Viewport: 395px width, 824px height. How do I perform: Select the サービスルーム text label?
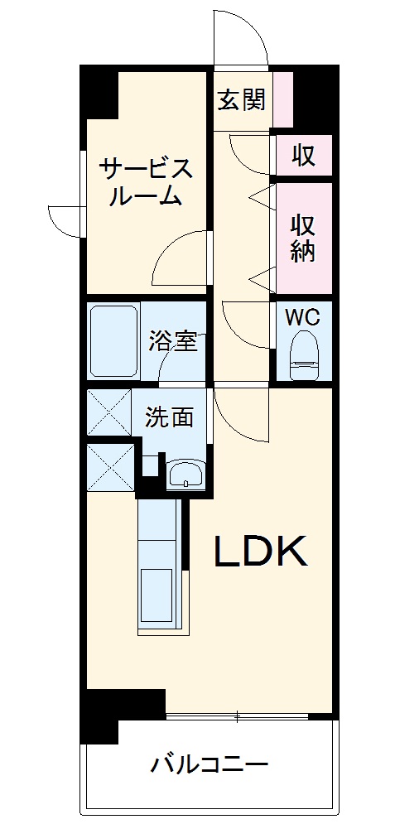147,182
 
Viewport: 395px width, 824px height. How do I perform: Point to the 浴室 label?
173,340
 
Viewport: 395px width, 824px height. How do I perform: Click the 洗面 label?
170,417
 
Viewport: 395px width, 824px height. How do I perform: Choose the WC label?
302,316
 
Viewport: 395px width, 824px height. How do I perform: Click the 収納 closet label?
303,238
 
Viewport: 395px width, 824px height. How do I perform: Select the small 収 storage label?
303,155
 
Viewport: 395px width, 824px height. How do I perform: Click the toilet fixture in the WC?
303,352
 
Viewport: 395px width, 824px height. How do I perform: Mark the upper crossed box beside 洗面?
108,412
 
